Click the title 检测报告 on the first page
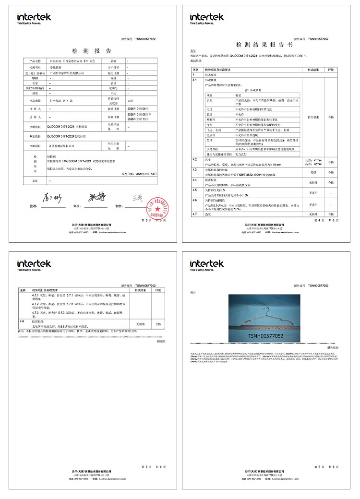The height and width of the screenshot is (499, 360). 91,51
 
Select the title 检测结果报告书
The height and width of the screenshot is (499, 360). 264,45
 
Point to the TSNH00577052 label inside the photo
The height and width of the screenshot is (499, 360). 265,336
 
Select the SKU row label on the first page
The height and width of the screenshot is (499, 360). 35,77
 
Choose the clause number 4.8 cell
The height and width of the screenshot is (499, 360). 22,321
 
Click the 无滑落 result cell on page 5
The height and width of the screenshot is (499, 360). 141,324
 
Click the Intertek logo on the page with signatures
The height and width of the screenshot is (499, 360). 34,18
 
